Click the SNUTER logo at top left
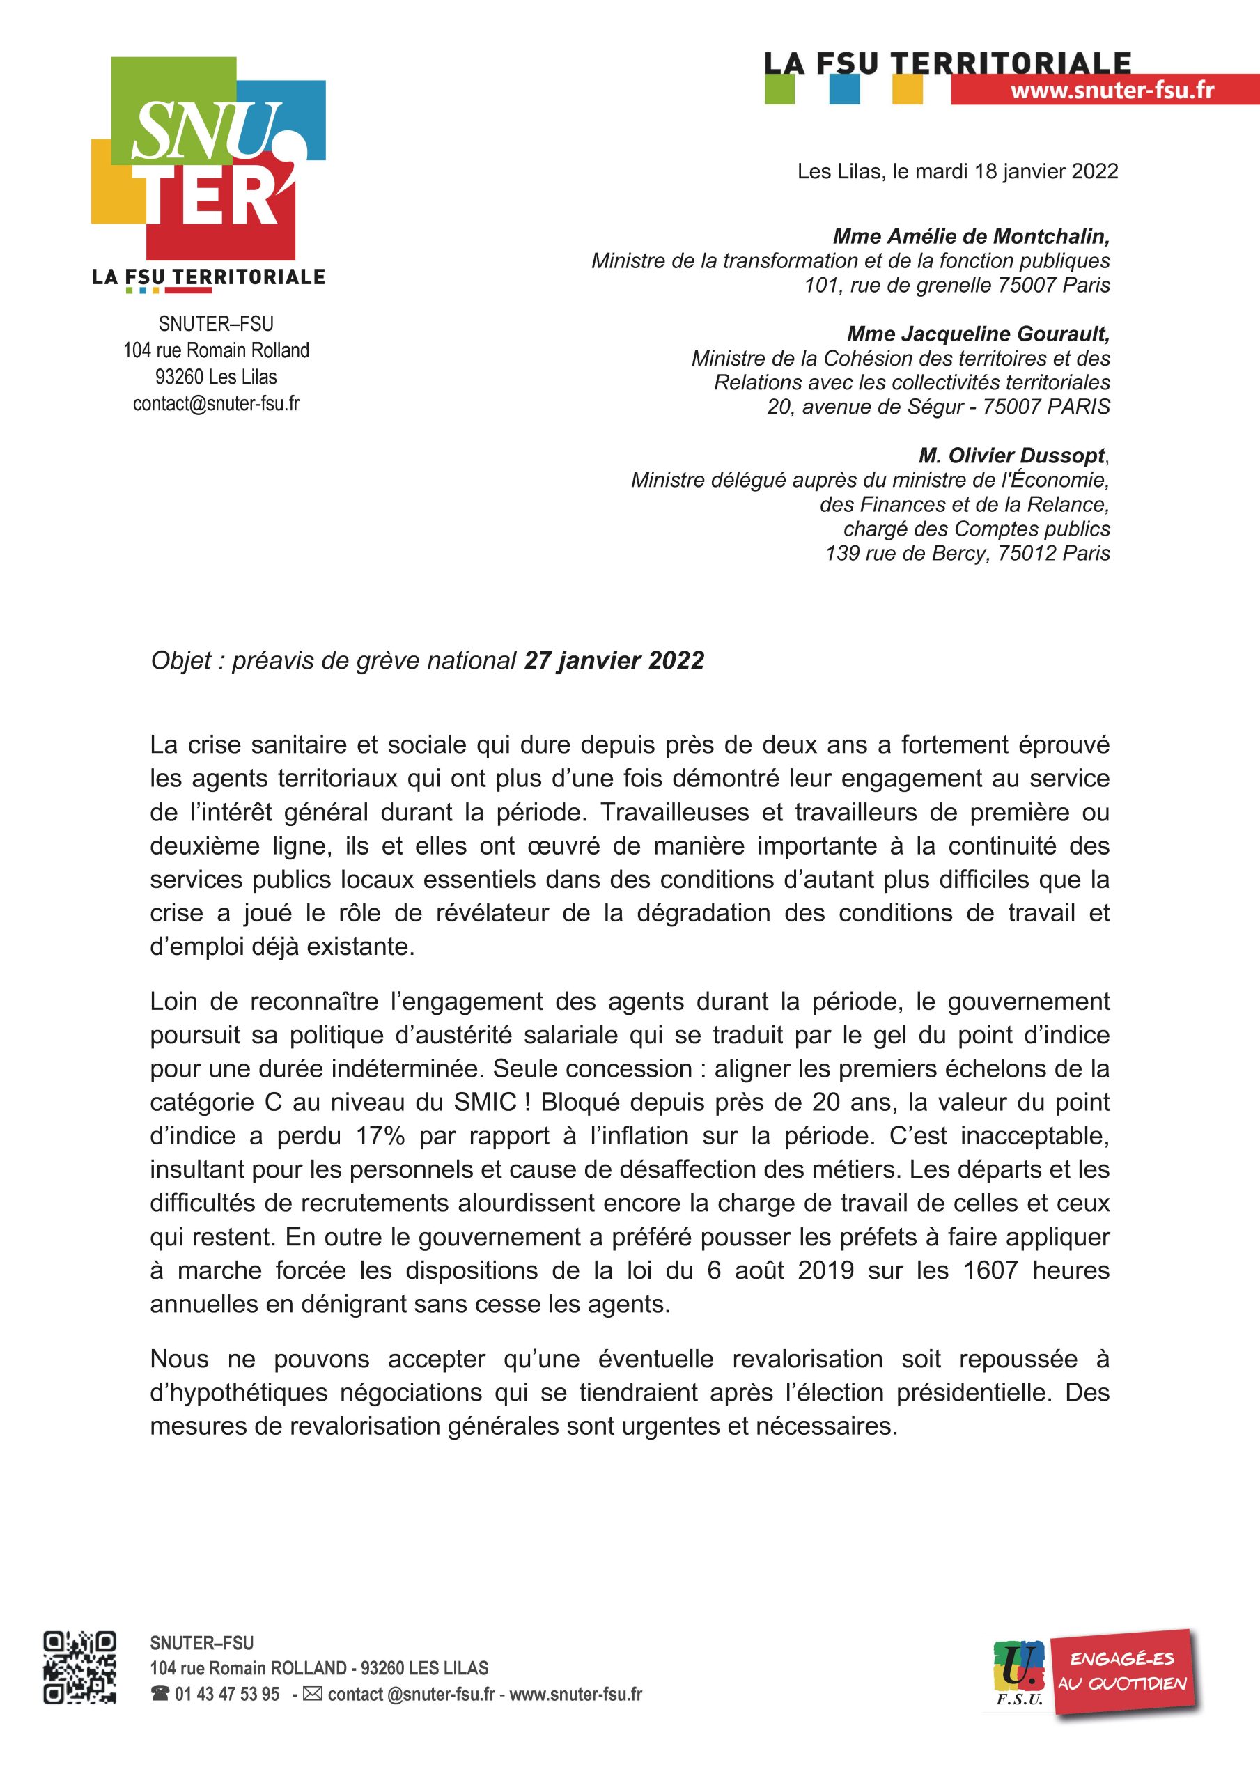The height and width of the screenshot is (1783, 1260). [x=208, y=159]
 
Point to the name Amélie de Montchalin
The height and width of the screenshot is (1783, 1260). [x=971, y=236]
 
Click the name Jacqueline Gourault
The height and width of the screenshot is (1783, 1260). [x=978, y=334]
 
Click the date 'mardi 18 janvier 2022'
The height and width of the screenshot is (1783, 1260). [x=1017, y=171]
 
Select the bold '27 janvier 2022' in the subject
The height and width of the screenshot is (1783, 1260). [x=614, y=661]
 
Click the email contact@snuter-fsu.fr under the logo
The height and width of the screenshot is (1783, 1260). [x=216, y=404]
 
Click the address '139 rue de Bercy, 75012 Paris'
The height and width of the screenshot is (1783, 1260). [x=967, y=554]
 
